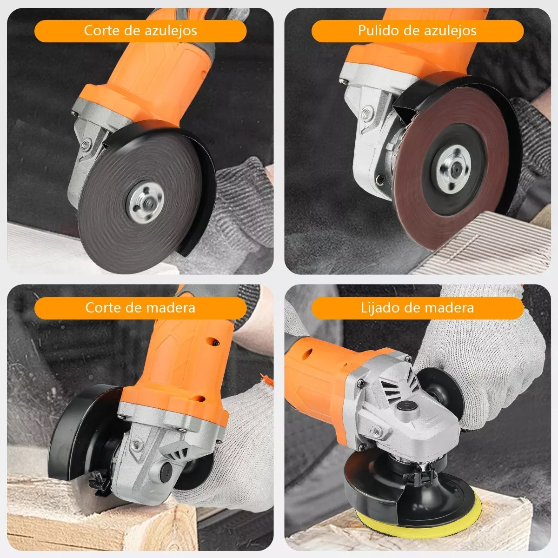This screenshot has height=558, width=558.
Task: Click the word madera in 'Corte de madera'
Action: click(x=171, y=307)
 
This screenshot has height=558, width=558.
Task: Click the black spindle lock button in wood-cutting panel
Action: click(x=167, y=473)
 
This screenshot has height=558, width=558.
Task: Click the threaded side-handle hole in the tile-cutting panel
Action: click(x=86, y=143)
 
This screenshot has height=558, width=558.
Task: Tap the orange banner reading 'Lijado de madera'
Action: click(x=418, y=308)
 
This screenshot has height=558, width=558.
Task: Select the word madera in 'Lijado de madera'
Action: click(x=450, y=307)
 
